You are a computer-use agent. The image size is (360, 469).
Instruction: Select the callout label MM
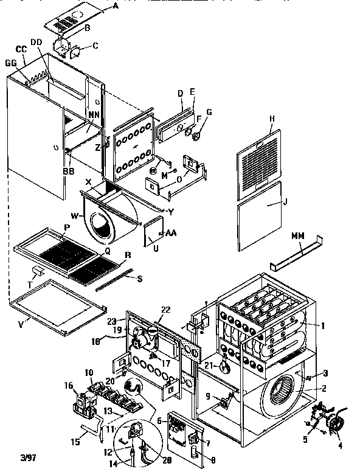(297, 235)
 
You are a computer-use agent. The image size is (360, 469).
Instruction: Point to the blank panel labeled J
(260, 216)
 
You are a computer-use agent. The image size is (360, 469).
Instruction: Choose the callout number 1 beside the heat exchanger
(324, 325)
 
